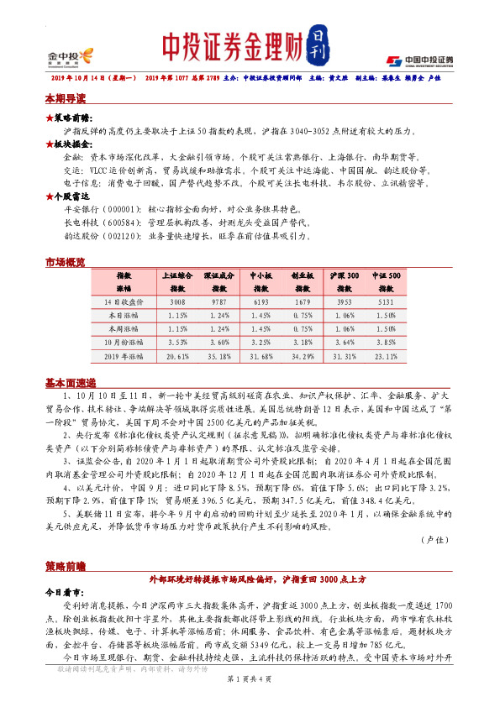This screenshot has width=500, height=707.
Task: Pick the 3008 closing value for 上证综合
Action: coord(177,300)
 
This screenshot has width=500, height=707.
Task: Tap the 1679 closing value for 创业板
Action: coord(303,300)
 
